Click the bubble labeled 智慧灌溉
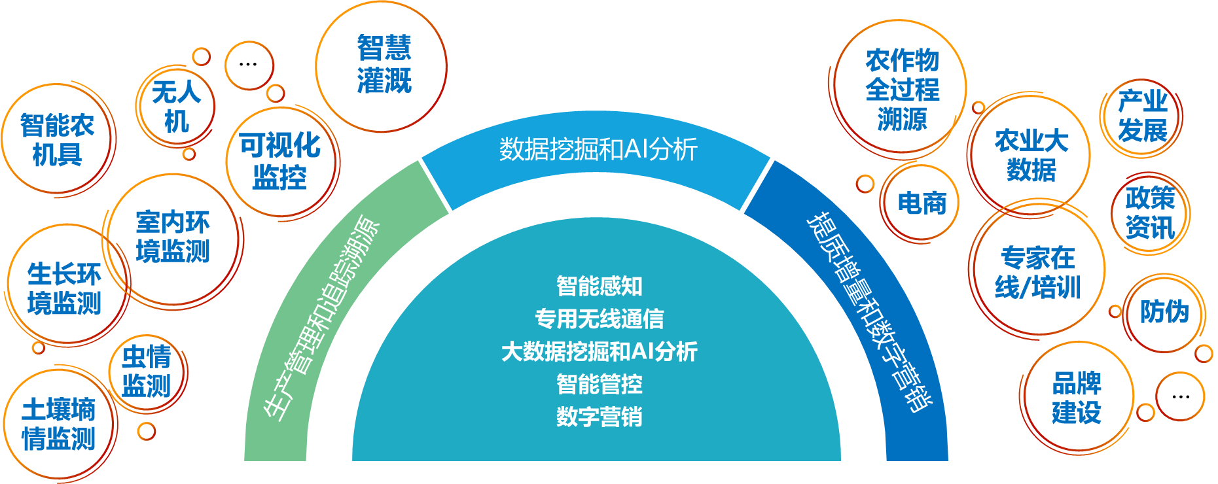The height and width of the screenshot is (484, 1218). coord(384,65)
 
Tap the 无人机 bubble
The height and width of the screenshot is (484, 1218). coord(176,107)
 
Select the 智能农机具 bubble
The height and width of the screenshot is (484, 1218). coord(57,139)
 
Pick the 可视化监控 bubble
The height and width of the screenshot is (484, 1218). coord(280,161)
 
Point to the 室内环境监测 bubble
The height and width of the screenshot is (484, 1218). coord(172,237)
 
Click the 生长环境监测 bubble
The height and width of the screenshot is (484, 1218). coord(64,288)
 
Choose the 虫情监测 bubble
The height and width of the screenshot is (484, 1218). coord(147,371)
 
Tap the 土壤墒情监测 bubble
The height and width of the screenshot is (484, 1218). coord(59,424)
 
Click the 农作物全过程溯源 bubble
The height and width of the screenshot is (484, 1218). coord(902,90)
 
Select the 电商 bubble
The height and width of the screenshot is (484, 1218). coord(922,203)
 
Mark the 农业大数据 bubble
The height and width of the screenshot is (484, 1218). coord(1031,155)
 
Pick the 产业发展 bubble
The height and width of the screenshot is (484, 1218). coord(1142,116)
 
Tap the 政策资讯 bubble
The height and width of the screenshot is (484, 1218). coord(1150,213)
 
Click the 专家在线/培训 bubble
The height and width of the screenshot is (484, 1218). coord(1037,272)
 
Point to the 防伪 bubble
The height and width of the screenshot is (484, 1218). coord(1164,312)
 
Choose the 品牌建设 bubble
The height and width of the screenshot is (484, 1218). coord(1077,398)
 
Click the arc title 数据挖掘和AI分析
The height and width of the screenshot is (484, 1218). coord(598,150)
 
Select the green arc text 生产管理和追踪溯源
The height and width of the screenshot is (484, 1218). coord(321,317)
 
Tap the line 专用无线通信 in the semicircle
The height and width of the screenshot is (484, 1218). coord(599,319)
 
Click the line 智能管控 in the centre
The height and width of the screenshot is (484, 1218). coord(599,384)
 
